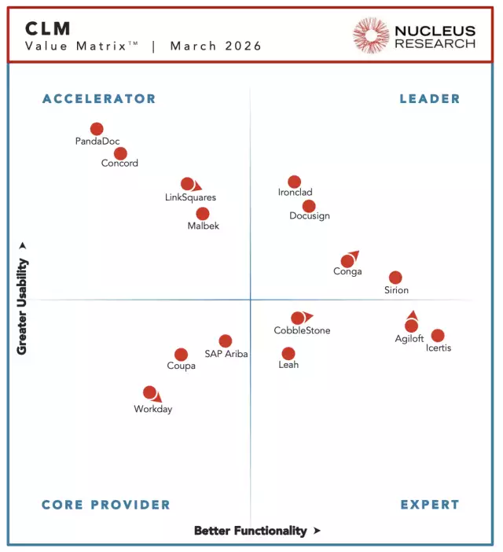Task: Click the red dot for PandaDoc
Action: click(97, 129)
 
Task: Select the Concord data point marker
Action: click(120, 153)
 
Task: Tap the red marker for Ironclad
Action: click(294, 182)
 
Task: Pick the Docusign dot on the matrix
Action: click(309, 206)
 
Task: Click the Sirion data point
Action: click(395, 278)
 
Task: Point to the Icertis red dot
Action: click(438, 336)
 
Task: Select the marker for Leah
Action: click(288, 354)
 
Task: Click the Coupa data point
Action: click(181, 355)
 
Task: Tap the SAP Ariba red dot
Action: click(226, 340)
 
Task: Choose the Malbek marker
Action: click(203, 213)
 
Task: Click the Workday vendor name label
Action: click(152, 409)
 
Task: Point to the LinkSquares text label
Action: click(190, 197)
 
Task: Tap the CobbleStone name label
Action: click(302, 330)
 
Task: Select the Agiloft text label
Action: click(409, 339)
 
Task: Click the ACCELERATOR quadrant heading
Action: click(99, 99)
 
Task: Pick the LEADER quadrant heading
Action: click(429, 99)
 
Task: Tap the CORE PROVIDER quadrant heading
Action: click(105, 505)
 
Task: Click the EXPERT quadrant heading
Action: click(429, 505)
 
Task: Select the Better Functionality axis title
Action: click(250, 531)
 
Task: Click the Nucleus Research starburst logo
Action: click(371, 36)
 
